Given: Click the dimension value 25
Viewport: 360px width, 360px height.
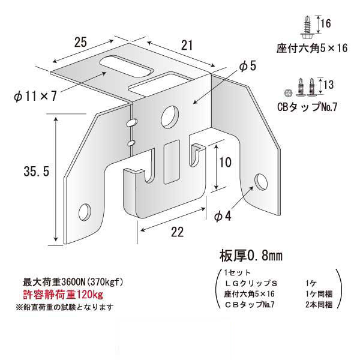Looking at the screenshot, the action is [80, 42].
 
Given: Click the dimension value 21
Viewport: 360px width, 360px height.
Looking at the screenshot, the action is [187, 45].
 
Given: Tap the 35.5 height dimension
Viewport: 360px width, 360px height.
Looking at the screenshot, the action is [37, 172].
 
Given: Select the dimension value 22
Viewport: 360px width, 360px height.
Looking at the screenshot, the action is [178, 232].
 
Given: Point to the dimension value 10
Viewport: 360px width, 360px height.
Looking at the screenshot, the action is [226, 163].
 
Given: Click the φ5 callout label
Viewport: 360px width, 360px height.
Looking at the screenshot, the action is [247, 66].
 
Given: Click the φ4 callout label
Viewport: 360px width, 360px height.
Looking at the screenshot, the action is [223, 216].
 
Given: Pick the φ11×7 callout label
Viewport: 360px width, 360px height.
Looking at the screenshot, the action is [35, 96].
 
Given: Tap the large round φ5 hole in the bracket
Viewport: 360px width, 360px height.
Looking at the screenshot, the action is [170, 117].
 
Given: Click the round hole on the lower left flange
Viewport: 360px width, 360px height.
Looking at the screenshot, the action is [85, 212].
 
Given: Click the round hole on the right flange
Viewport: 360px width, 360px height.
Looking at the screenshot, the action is [261, 182].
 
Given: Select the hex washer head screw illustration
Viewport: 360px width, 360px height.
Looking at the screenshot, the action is [307, 28].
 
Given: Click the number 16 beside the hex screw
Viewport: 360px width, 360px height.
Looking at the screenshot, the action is [326, 23].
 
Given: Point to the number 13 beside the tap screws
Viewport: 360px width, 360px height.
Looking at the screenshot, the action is [328, 85].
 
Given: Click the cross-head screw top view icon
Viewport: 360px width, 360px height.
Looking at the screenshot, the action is [288, 93].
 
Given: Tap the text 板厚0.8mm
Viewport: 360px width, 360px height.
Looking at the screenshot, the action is [251, 256].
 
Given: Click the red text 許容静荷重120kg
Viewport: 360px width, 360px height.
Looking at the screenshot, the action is [63, 295].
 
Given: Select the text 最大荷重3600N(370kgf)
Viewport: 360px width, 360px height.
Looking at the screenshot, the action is [73, 282].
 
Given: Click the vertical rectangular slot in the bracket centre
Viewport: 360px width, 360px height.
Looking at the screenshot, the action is [171, 161].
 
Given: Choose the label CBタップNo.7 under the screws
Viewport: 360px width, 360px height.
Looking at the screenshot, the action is [307, 107].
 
